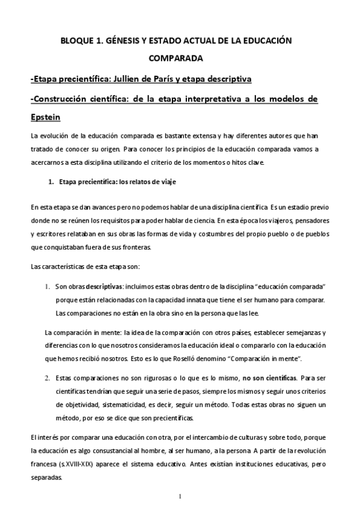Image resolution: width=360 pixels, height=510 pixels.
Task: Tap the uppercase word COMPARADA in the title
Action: [x=179, y=59]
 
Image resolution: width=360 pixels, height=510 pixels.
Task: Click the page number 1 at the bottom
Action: [x=180, y=496]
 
